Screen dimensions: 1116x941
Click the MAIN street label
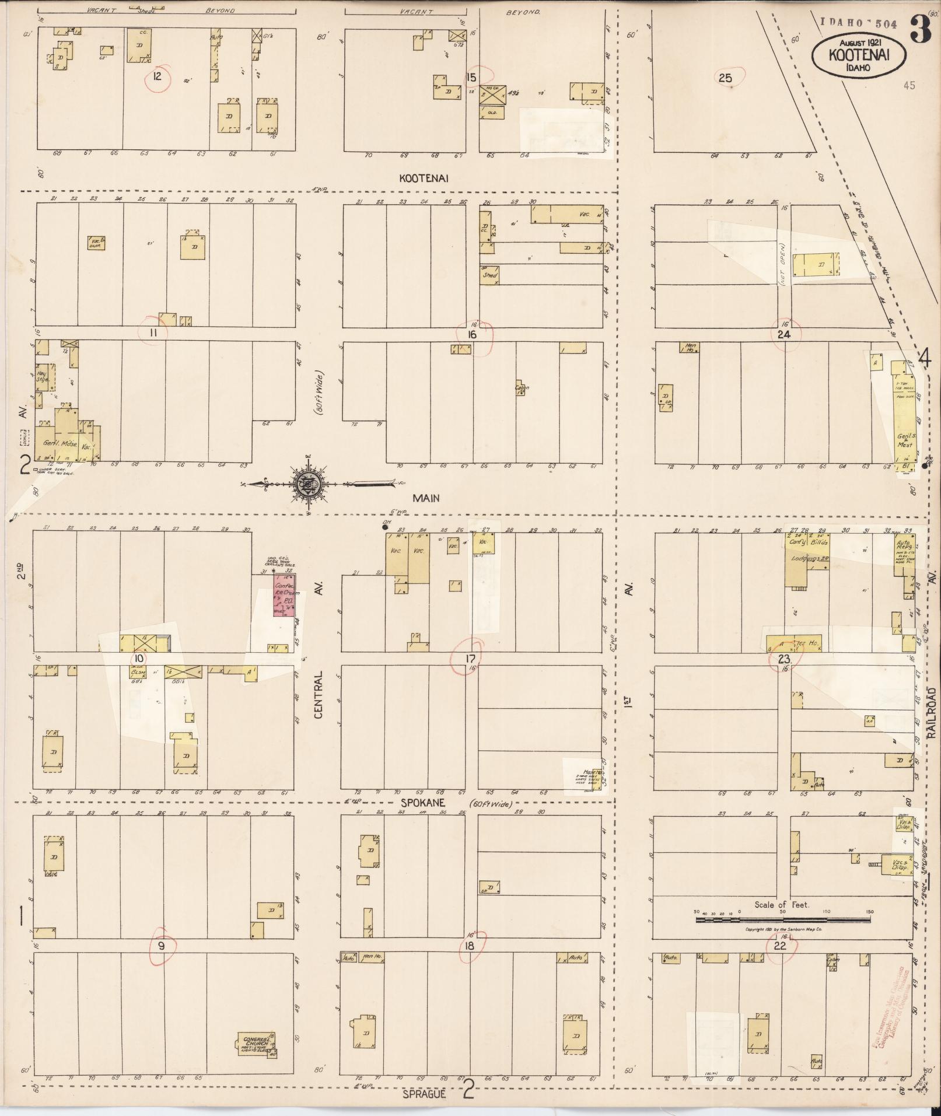coord(426,498)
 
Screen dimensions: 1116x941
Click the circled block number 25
coord(725,77)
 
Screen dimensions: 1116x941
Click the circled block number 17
coord(469,659)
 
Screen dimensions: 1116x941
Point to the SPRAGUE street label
coord(424,1094)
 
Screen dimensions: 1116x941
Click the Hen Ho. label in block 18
coord(369,957)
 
